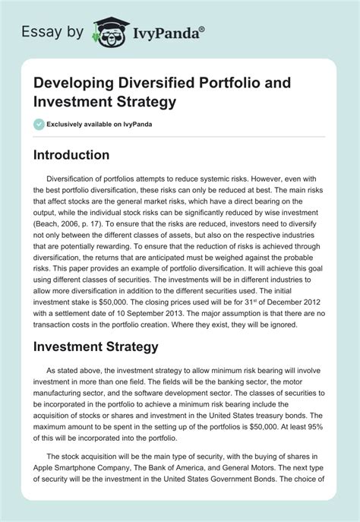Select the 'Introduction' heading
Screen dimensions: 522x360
click(82, 155)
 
